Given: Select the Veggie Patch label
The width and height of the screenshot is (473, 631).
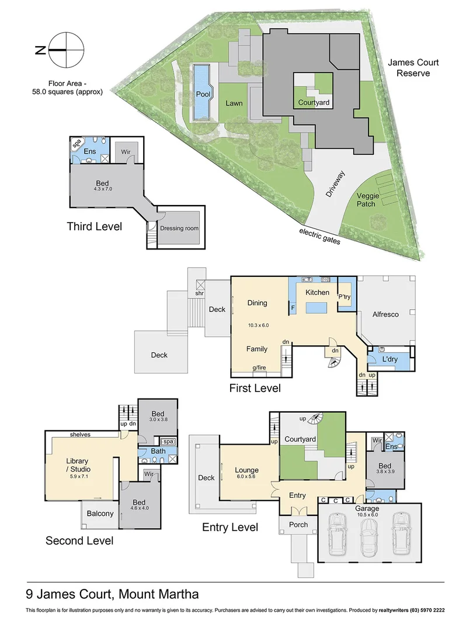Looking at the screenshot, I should [x=374, y=202].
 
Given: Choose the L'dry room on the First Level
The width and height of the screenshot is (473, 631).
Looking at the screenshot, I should [x=389, y=359].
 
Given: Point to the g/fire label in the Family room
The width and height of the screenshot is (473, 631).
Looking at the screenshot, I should [x=260, y=367].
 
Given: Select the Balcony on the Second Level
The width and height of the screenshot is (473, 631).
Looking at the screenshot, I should [x=100, y=514].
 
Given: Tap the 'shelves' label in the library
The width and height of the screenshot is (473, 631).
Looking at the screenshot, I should [x=79, y=434].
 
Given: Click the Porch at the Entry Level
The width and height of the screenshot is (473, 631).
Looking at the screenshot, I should [x=298, y=524].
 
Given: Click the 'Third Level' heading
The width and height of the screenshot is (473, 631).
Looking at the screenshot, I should [x=94, y=227].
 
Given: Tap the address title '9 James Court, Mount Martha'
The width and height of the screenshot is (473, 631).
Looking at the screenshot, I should [x=113, y=594].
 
